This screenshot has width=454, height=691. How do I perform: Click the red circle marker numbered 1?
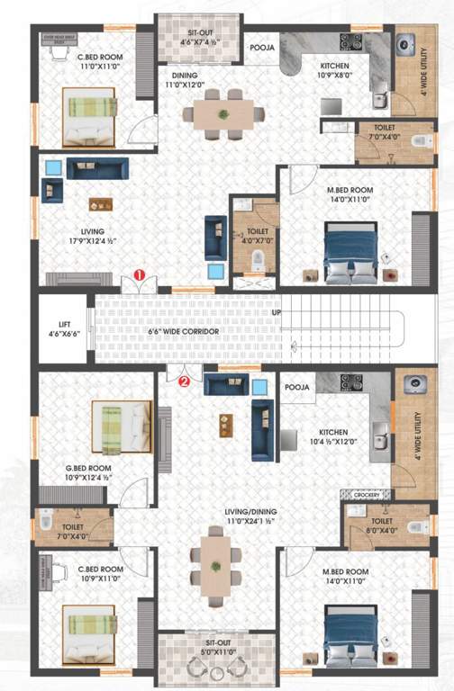coord(139,274)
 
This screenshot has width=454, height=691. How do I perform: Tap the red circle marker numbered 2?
coord(184,380)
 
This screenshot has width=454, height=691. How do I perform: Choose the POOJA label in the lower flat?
coord(297,387)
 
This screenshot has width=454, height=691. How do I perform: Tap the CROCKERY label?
coord(366,495)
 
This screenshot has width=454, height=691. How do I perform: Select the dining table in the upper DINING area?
coord(222,113)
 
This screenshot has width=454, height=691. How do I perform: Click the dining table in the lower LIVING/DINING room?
coord(215,566)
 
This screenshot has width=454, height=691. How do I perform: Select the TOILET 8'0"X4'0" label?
coord(382,525)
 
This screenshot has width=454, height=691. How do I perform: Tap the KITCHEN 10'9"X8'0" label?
coord(341,70)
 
